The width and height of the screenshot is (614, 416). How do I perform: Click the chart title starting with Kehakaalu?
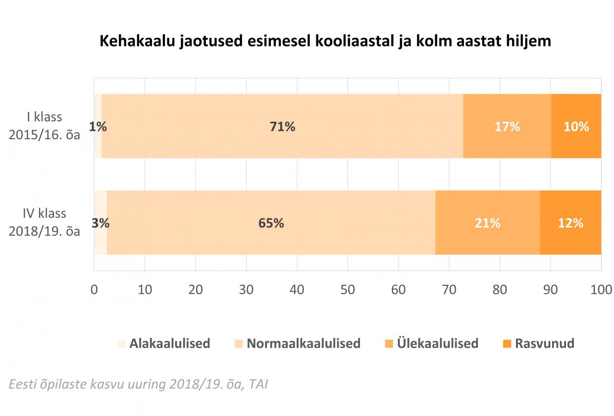tap(325, 41)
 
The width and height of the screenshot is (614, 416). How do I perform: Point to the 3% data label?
tap(101, 223)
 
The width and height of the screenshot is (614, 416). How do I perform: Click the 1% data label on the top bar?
tap(98, 126)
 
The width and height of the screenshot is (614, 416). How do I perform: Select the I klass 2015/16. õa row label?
tap(45, 126)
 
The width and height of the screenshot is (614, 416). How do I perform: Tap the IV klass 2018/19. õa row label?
tap(45, 222)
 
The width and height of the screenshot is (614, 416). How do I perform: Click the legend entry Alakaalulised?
tap(169, 343)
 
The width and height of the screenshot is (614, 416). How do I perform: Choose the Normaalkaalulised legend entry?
tap(303, 343)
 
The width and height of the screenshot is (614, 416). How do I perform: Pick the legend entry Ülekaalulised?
tap(437, 343)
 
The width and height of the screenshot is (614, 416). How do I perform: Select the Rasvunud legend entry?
tap(544, 343)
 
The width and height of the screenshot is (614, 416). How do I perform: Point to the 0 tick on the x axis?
tap(94, 290)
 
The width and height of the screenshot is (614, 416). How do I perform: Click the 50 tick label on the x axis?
tap(348, 290)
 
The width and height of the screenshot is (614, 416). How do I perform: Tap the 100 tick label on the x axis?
tap(601, 290)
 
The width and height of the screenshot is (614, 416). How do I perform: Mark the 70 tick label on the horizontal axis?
tap(449, 290)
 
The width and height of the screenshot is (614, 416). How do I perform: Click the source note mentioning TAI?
tap(138, 384)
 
